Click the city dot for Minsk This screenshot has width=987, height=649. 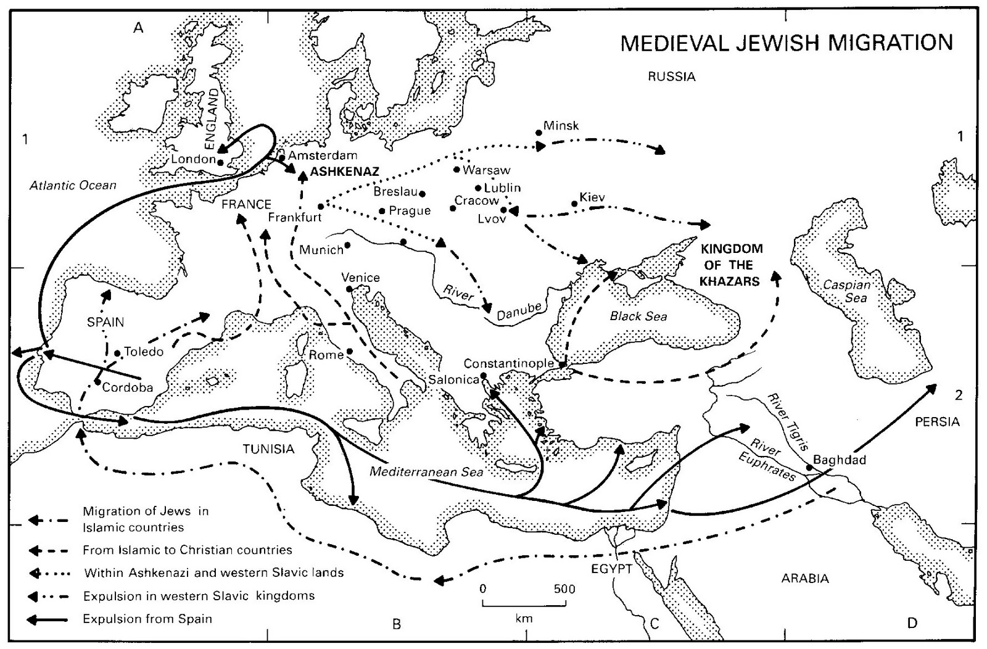pos(538,132)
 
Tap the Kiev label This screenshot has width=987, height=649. pos(592,197)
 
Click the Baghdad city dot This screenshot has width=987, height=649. pos(809,467)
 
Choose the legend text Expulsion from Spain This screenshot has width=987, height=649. pos(147,618)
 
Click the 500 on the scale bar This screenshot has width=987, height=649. pos(564,589)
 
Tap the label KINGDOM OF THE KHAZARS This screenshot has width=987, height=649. pos(731,265)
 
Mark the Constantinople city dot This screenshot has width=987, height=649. pos(563,365)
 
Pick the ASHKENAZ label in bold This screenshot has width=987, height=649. pos(344,172)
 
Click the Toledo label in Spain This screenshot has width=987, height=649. pos(144,352)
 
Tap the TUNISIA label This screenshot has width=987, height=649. pos(268,449)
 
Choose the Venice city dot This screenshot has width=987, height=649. pos(349,289)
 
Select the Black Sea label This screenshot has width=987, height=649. pos(638,316)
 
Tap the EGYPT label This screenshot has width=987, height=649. pos(612,569)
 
